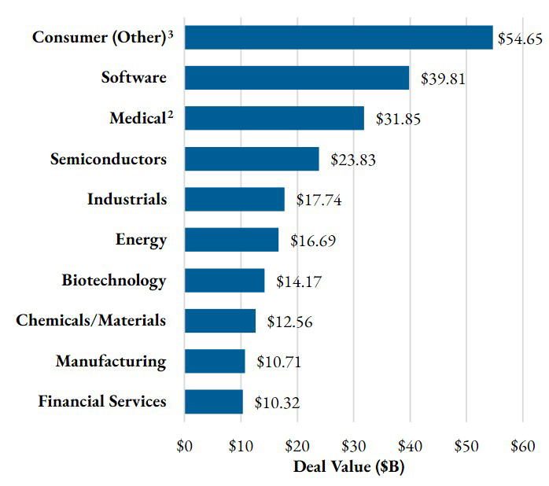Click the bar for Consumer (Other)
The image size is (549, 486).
[x=339, y=37]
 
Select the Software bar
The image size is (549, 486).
[x=297, y=78]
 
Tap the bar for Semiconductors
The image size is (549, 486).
[x=252, y=159]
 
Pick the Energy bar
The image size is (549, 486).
[x=232, y=240]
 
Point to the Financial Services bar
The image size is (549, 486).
[x=214, y=402]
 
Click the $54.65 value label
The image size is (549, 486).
[x=518, y=39]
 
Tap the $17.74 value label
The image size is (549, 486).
[x=319, y=200]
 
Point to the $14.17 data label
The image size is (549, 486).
[x=298, y=282]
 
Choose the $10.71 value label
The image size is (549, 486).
[x=278, y=363]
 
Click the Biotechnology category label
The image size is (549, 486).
[x=114, y=281]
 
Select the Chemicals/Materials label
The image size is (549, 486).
[x=91, y=321]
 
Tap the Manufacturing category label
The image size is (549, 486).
[x=111, y=362]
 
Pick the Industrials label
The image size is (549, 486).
[x=127, y=200]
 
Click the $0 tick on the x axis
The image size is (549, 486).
[x=186, y=447]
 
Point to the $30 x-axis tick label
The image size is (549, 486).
[x=354, y=447]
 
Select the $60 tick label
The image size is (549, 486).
[x=522, y=447]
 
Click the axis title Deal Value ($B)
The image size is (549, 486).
[x=348, y=466]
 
